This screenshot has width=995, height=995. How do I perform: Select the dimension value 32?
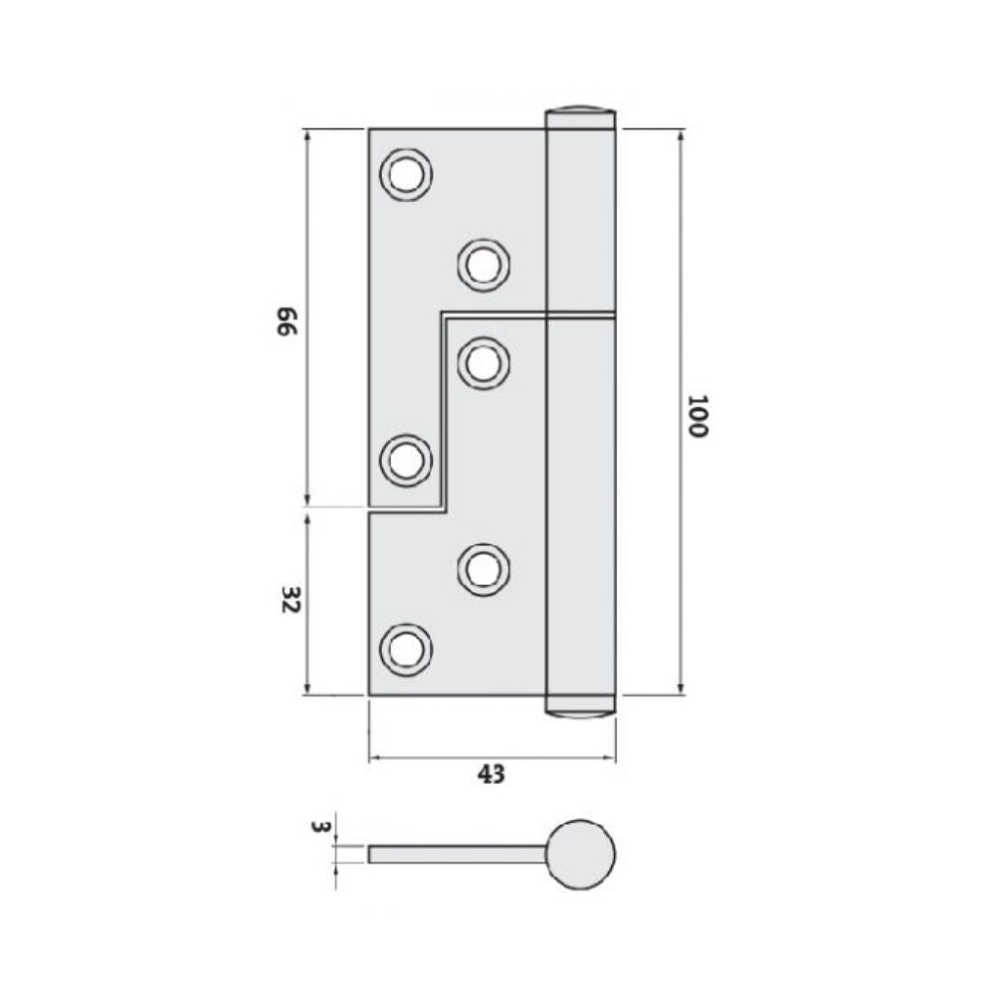click(x=290, y=601)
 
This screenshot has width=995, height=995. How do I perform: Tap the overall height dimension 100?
click(x=696, y=416)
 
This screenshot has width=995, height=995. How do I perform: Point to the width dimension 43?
click(x=492, y=773)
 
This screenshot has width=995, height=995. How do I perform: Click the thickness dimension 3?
click(x=318, y=827)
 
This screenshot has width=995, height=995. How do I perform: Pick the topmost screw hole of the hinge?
click(x=407, y=175)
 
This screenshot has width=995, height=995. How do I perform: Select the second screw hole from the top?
click(x=484, y=265)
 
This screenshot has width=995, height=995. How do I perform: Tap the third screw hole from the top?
click(x=484, y=363)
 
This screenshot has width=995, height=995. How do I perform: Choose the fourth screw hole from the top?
click(x=407, y=461)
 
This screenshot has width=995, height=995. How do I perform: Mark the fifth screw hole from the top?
click(x=484, y=569)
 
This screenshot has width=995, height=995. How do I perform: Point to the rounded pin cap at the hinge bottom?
click(x=581, y=708)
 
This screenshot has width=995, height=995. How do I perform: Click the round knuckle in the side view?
click(x=581, y=854)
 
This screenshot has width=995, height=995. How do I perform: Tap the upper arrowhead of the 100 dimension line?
click(x=681, y=135)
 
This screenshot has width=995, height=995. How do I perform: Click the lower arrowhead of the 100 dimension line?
click(x=681, y=689)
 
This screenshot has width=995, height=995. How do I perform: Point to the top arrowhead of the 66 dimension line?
click(x=307, y=135)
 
